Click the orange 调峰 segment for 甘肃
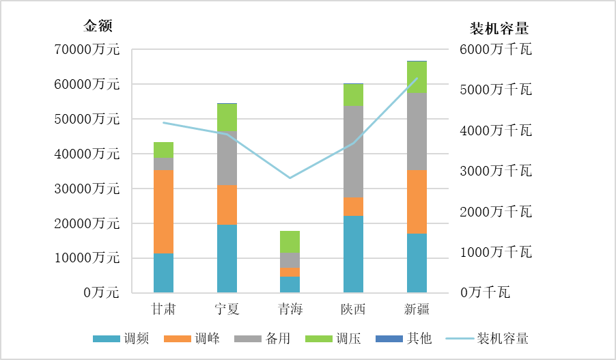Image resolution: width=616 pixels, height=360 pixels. pos(163,212)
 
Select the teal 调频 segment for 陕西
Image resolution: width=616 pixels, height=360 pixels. pos(353,254)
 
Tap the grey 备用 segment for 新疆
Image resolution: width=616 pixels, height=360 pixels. pos(417,131)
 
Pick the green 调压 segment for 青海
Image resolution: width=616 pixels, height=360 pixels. pos(290,242)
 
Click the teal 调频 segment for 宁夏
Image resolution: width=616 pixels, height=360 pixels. pos(227,258)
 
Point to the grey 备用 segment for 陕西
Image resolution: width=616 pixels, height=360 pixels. pos(353,152)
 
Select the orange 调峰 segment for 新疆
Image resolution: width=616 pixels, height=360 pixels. pos(417,202)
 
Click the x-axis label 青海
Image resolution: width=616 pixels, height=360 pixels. pos(290,309)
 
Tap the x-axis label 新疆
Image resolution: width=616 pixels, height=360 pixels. pos(417,309)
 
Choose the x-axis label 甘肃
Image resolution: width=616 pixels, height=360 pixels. pos(163,309)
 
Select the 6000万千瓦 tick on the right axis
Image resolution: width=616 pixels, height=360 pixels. pos(496,50)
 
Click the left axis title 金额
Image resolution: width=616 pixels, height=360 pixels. pos(98,27)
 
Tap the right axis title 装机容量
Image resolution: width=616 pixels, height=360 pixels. pos(500,29)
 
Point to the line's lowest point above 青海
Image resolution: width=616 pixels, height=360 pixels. pos(290,178)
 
